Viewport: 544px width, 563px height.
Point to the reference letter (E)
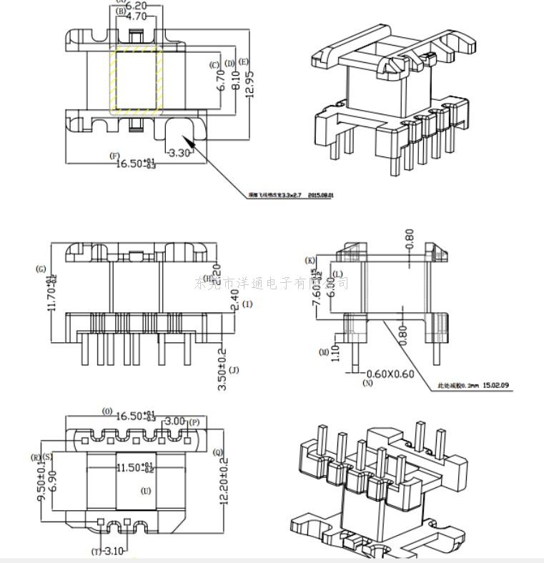(244, 62)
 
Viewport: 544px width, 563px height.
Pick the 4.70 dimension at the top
(136, 16)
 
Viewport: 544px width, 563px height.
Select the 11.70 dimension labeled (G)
(51, 294)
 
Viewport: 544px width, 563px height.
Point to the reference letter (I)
(247, 304)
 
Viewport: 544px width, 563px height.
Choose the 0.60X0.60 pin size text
(390, 374)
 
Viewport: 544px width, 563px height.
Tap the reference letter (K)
(310, 260)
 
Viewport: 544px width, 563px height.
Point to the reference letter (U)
(146, 492)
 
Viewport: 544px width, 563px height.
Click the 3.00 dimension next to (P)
(176, 422)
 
